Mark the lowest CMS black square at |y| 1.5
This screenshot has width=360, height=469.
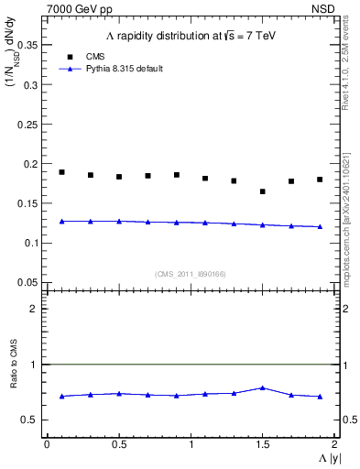[263, 191]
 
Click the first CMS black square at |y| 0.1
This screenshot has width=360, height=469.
[61, 172]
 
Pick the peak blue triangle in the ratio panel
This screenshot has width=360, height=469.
[263, 387]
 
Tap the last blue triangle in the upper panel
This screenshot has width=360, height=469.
[320, 226]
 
